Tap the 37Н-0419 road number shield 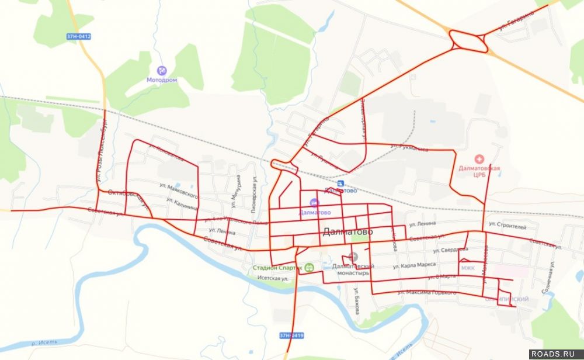click(291, 335)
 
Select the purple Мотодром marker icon click(162, 71)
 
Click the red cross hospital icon click(479, 159)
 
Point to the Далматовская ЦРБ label click(479, 171)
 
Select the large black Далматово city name click(348, 232)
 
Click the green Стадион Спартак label click(277, 268)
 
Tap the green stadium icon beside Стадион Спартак click(309, 268)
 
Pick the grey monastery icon click(353, 257)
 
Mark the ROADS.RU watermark click(555, 354)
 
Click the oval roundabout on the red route click(469, 41)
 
